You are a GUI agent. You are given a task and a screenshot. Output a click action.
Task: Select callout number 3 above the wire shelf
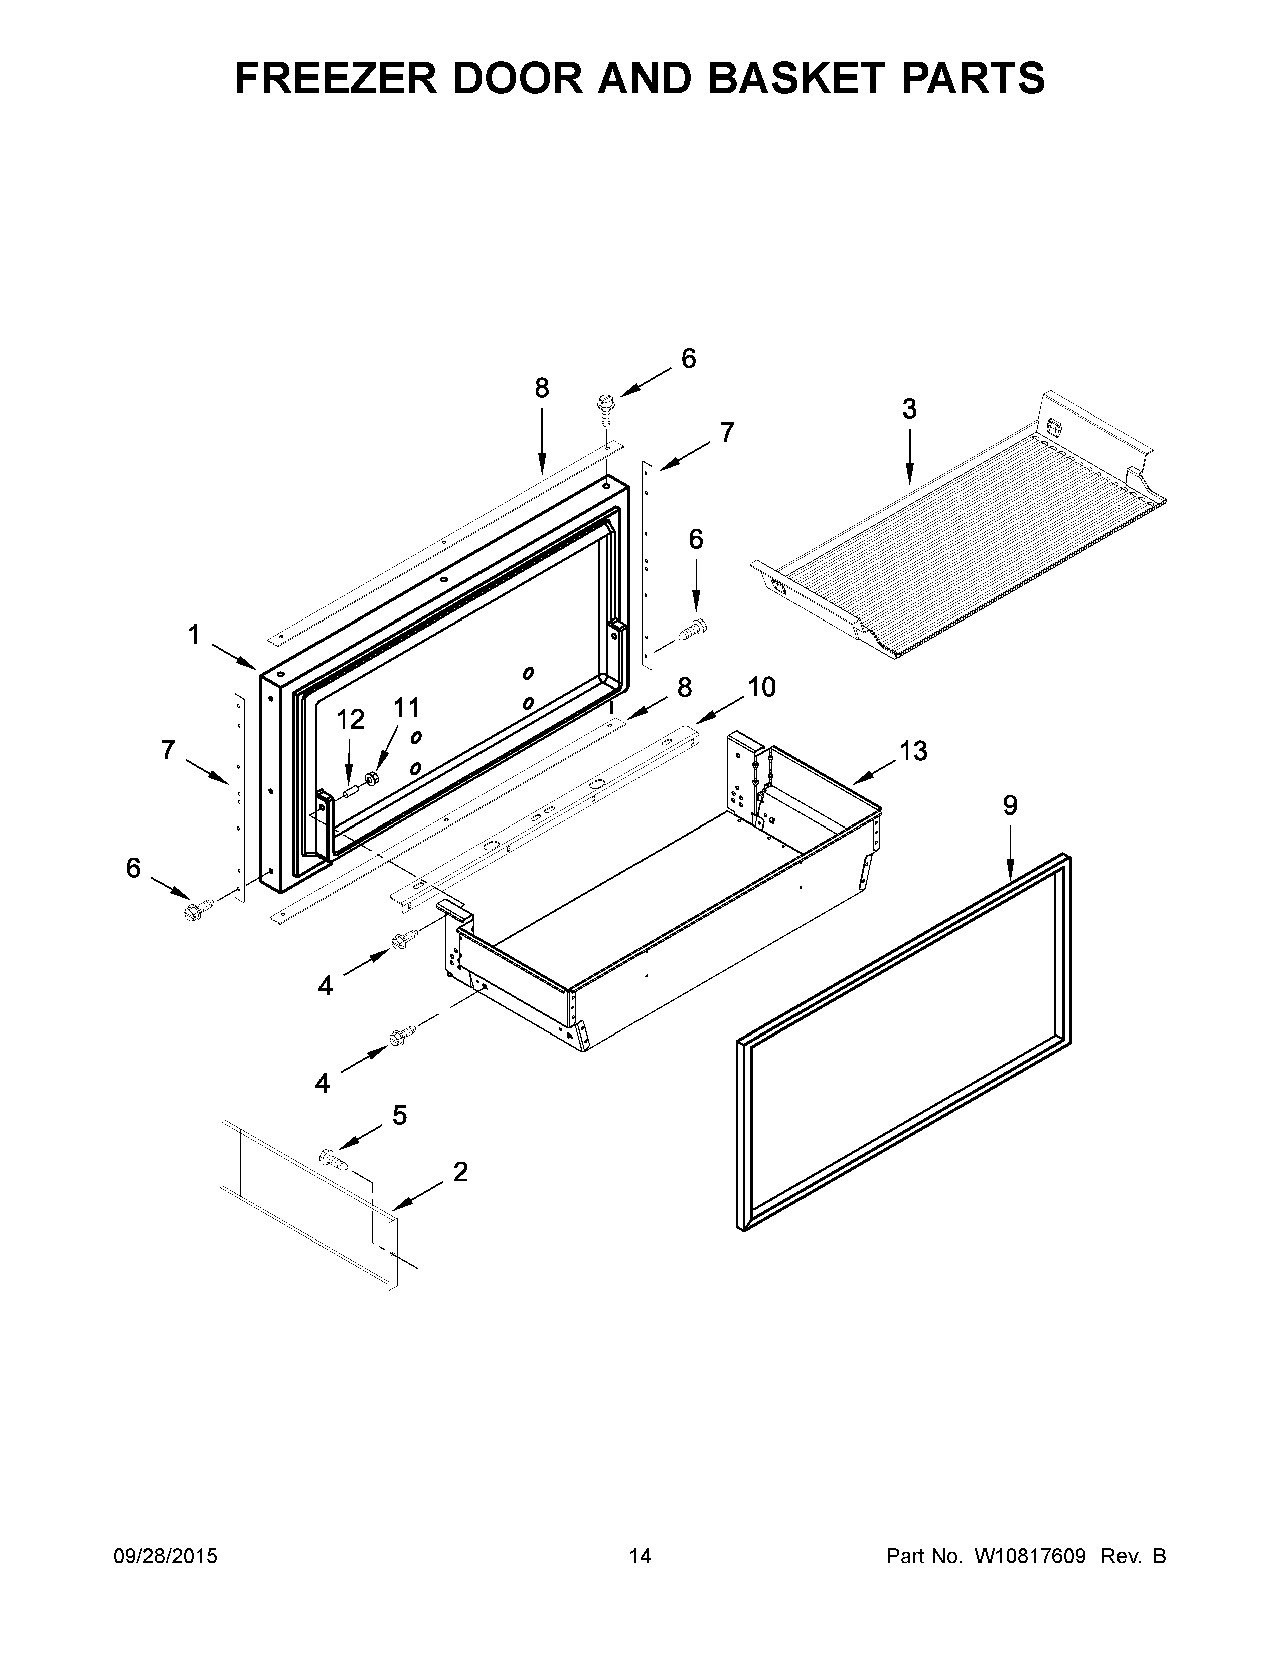909,409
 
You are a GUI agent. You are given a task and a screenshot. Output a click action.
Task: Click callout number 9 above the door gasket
1010,806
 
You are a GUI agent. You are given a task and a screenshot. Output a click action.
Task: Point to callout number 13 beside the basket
913,751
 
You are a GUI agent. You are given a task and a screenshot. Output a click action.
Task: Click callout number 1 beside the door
194,635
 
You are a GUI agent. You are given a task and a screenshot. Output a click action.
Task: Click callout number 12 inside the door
350,719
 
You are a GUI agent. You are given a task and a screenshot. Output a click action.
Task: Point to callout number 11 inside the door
406,708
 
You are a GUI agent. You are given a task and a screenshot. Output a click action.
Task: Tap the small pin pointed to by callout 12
350,793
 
